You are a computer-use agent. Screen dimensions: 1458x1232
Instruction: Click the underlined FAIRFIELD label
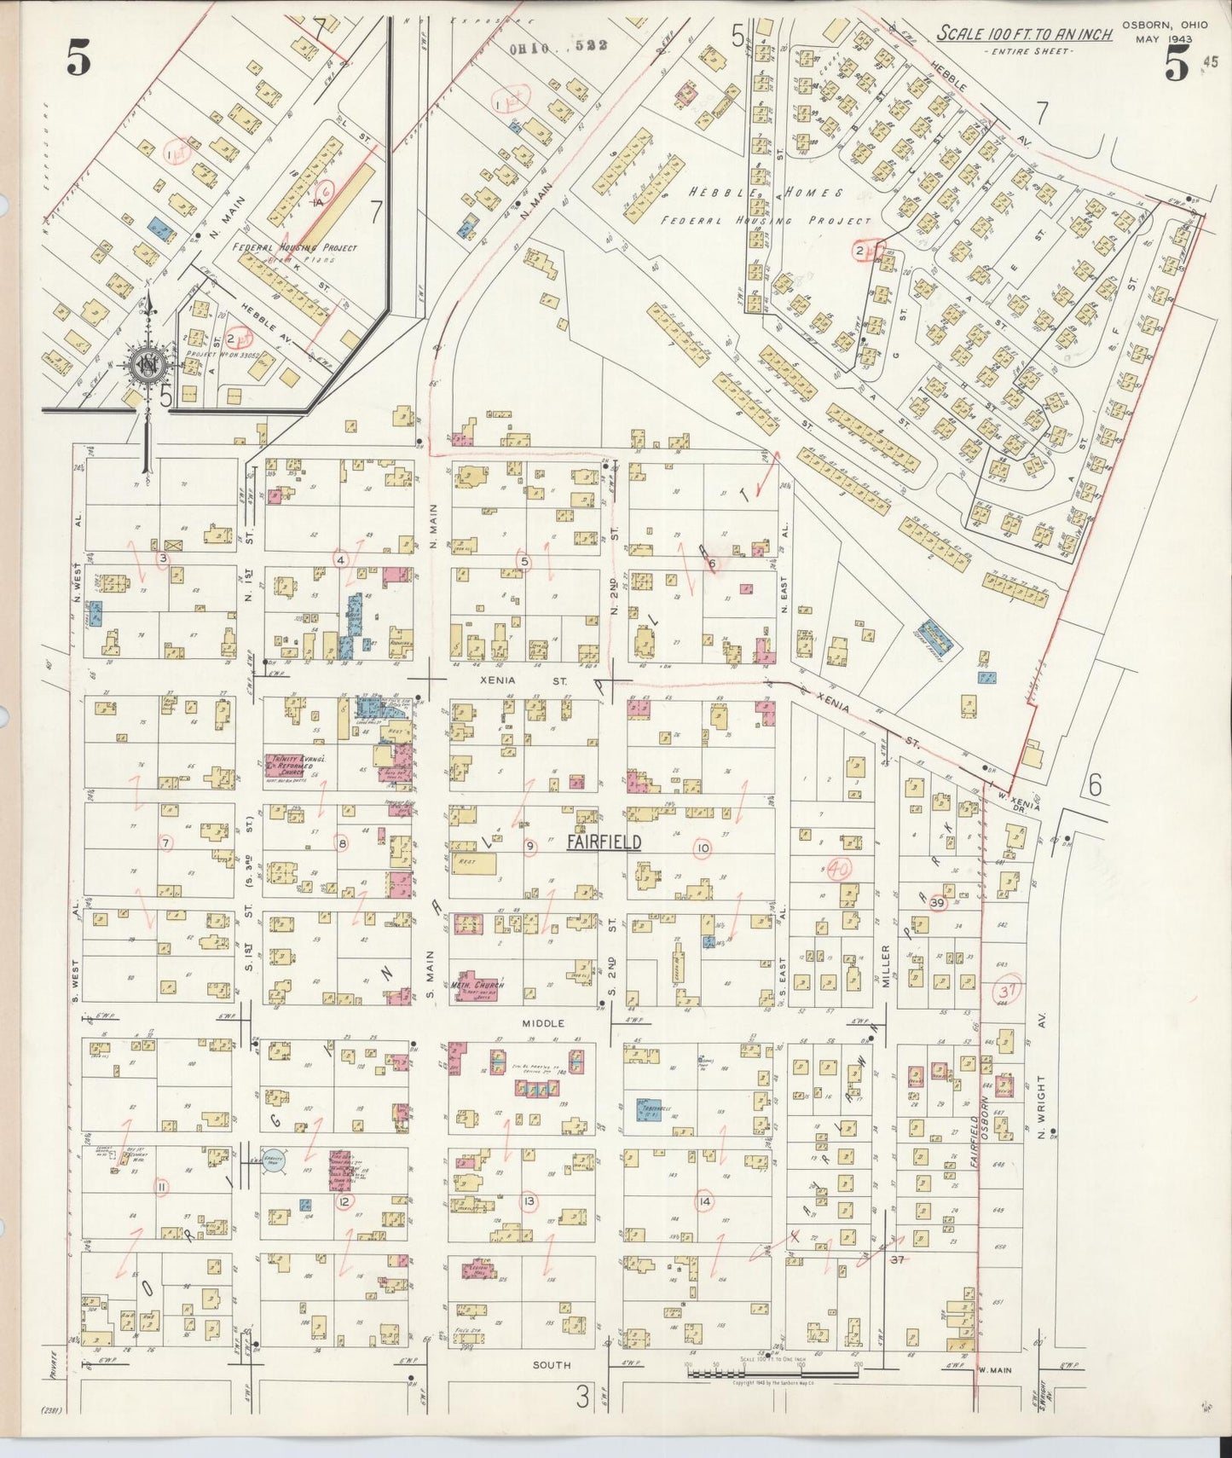(604, 842)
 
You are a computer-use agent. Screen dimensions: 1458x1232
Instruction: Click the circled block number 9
(529, 846)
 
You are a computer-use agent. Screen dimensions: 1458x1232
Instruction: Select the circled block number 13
(529, 1201)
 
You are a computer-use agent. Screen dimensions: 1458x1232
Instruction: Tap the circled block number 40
(840, 870)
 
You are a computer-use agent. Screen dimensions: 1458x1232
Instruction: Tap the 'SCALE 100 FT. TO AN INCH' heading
(1024, 34)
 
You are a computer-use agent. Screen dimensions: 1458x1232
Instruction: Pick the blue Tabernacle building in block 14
(649, 1109)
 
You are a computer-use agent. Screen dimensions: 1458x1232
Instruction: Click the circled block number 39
(938, 902)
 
